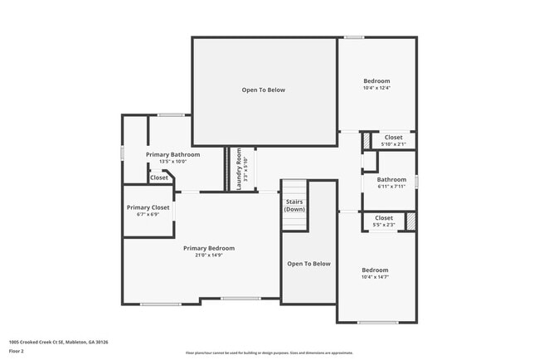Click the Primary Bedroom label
point(209,248)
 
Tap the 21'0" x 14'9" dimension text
point(209,255)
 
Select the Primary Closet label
point(148,207)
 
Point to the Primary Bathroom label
point(172,154)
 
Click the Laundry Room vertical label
point(238,169)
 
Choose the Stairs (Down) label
point(294,206)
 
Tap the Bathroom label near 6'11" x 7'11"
point(391,179)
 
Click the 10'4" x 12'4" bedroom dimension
point(376,88)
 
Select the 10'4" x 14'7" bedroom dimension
point(375,277)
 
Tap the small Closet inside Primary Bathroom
point(158,178)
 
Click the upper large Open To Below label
point(263,90)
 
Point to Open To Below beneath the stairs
point(308,264)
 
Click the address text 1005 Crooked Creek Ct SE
point(58,341)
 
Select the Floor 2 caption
point(17,352)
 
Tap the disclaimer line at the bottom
point(269,353)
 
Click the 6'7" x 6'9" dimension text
point(148,215)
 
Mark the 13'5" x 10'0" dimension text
point(172,162)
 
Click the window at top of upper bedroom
point(355,36)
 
